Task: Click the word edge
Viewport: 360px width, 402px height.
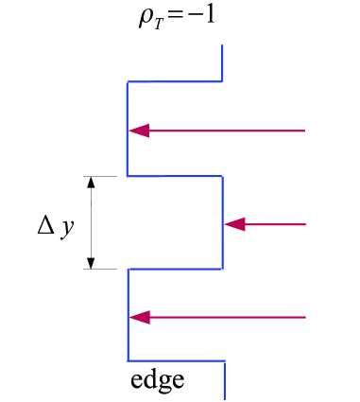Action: tap(157, 382)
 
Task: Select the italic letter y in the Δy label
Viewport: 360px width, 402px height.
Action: tap(65, 230)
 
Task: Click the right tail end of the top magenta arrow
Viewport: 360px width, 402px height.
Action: tap(305, 131)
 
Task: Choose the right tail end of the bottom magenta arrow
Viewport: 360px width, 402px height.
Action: tap(305, 317)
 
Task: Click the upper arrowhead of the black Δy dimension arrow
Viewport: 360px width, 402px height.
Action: tap(92, 184)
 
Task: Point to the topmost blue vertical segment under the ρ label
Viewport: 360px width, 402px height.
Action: tap(222, 64)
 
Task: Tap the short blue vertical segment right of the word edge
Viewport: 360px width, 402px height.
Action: tap(224, 380)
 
